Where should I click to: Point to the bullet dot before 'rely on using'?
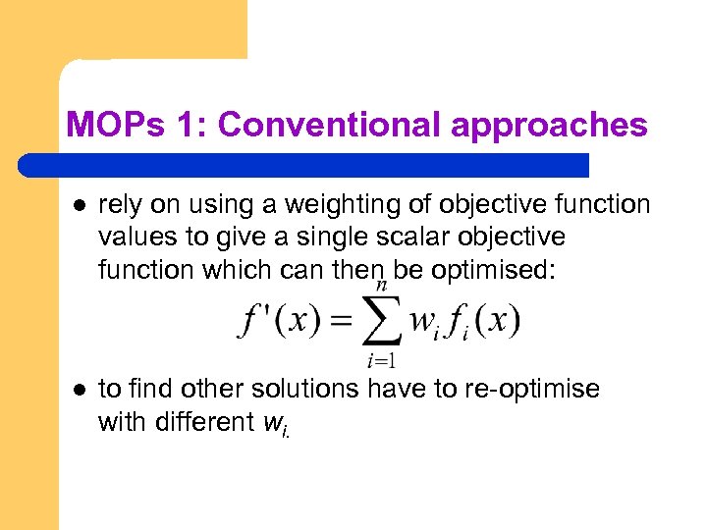(x=77, y=205)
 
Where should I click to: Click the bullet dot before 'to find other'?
(x=77, y=391)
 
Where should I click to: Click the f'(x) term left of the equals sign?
(x=278, y=321)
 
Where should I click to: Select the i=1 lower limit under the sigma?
(x=381, y=360)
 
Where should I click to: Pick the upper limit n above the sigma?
(x=381, y=285)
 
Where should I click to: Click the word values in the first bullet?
(x=133, y=237)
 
